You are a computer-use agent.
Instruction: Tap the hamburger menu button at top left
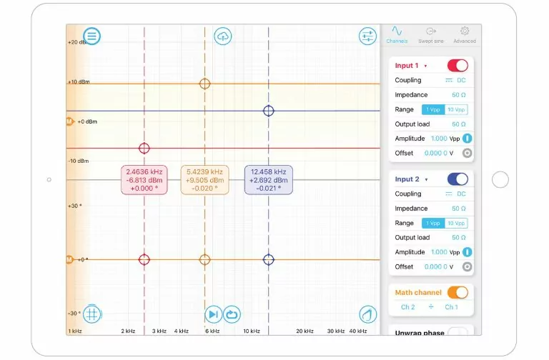(91, 36)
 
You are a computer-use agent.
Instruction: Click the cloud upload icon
(223, 36)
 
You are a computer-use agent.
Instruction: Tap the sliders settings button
(367, 36)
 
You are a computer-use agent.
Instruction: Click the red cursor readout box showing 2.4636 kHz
(144, 180)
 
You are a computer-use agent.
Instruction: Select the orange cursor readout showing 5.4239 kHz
(204, 180)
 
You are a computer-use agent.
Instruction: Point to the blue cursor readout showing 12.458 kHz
(268, 180)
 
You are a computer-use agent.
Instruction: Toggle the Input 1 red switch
(457, 66)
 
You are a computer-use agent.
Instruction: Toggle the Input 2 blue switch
(457, 179)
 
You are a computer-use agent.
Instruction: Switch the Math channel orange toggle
(457, 292)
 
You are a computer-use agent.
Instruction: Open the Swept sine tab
(430, 35)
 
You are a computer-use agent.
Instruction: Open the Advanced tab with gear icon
(464, 35)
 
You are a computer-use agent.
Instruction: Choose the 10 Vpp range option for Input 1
(456, 110)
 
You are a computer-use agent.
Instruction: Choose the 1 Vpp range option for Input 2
(433, 223)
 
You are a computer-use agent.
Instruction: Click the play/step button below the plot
(213, 314)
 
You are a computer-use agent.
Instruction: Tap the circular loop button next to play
(232, 314)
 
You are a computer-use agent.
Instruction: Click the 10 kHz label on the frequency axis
(251, 331)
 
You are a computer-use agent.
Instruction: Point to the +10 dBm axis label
(78, 82)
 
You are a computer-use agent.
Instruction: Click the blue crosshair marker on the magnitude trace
(269, 111)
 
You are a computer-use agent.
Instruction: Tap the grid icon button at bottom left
(91, 314)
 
